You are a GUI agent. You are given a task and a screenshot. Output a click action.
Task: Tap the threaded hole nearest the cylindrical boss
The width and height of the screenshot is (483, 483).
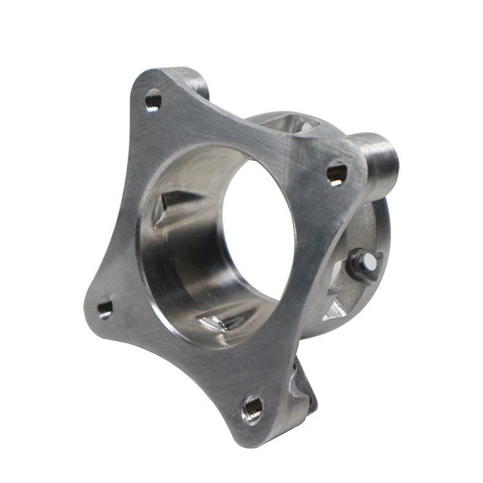337,173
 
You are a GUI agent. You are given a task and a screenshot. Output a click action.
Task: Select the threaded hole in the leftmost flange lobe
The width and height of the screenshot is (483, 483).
105,308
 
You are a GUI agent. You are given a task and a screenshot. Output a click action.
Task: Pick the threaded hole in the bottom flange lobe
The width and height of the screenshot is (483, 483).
252,408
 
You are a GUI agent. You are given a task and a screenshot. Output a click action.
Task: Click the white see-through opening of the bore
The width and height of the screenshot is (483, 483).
258,225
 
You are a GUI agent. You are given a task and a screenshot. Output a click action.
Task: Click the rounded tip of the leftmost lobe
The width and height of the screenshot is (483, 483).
90,312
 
